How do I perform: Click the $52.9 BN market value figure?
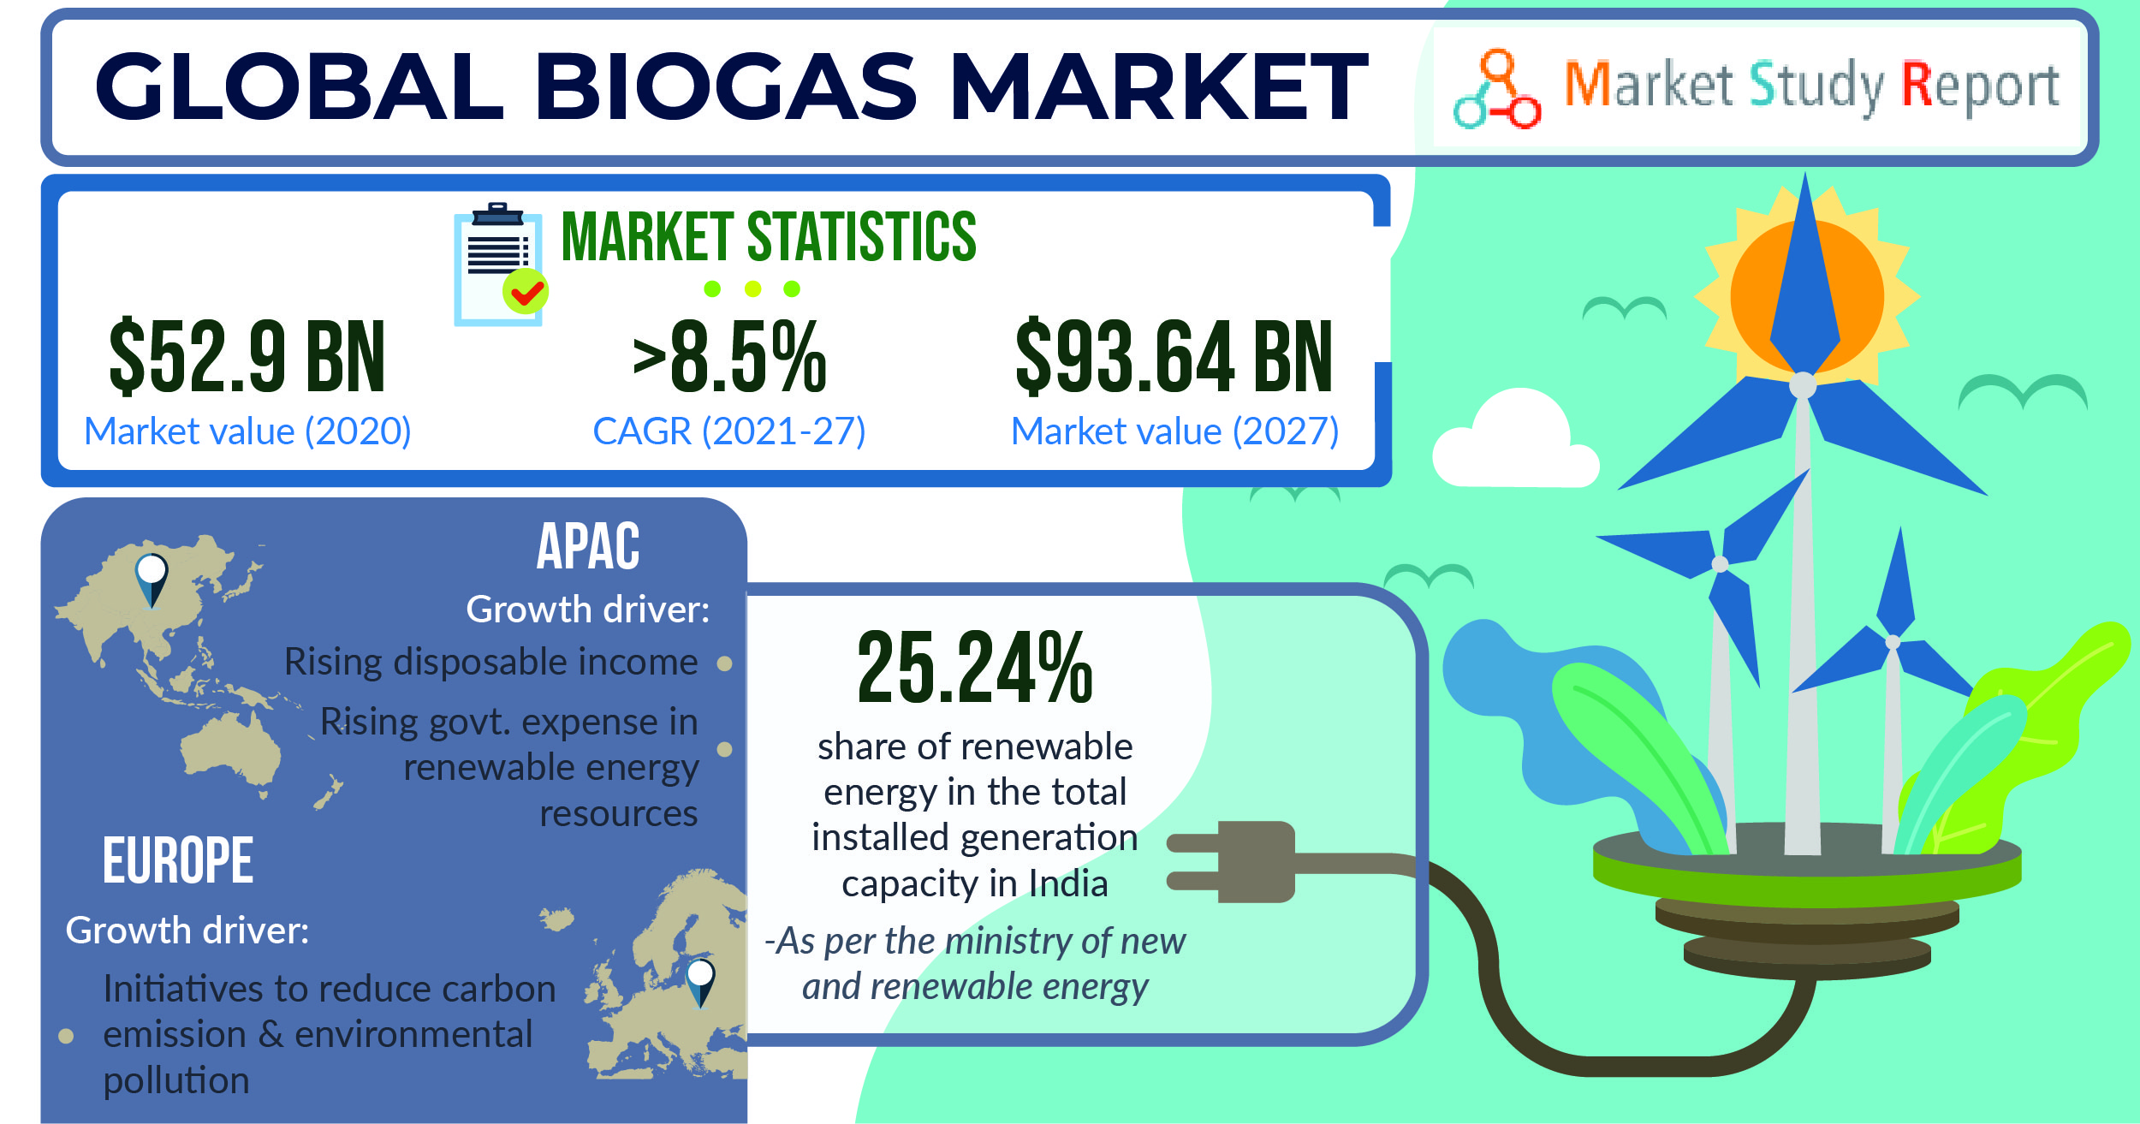[247, 357]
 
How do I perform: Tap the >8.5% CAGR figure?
[729, 357]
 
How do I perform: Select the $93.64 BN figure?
[1174, 357]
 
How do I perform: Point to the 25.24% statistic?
[975, 668]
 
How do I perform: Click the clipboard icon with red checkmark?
[499, 265]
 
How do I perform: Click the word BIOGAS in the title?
[726, 86]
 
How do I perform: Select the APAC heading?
[588, 546]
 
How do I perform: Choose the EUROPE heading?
[178, 860]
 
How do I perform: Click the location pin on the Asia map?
[152, 579]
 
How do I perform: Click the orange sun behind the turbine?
[1807, 295]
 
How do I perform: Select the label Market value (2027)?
[1174, 431]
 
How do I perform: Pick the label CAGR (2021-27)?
[729, 431]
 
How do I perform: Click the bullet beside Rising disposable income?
[724, 663]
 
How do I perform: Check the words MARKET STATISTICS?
[769, 236]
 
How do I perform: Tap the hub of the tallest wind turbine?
[1803, 384]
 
